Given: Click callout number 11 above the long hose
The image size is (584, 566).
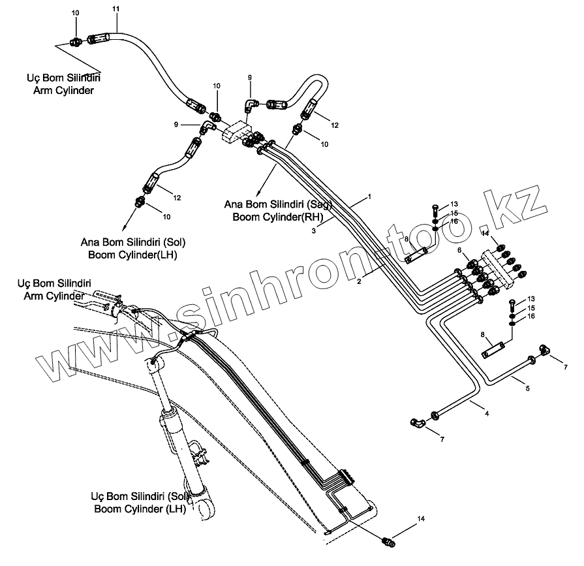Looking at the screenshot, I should pos(115,8).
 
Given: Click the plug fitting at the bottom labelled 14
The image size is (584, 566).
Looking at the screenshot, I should pos(389,542).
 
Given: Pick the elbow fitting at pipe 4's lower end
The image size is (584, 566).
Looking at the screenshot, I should pos(416,422).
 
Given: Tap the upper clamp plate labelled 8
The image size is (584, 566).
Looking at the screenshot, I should pos(416,255).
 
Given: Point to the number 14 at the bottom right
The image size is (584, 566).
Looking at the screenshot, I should pos(421,518).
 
